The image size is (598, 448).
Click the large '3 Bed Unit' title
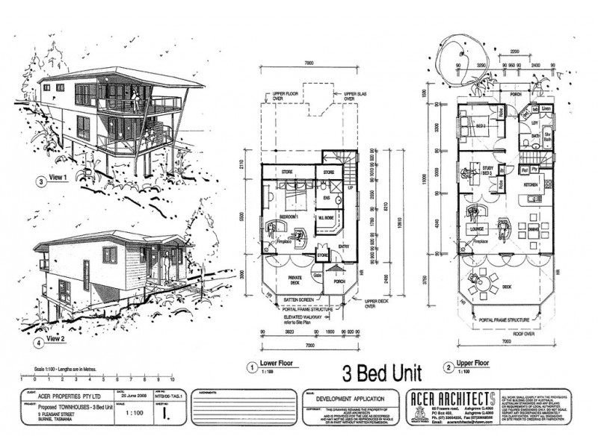tap(381, 371)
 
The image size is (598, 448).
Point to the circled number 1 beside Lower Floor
tap(251, 366)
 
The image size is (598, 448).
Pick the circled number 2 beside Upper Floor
tap(448, 367)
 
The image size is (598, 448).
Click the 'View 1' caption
tap(58, 178)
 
